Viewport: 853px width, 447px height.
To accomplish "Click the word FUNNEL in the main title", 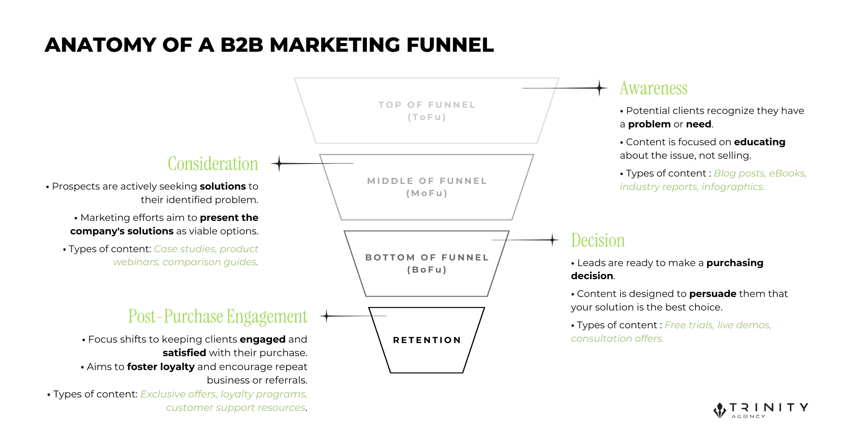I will click(x=450, y=45).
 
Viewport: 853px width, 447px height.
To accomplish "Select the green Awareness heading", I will click(x=653, y=88).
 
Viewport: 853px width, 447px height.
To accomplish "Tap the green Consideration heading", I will click(x=213, y=164).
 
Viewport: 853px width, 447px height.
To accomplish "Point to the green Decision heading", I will click(x=598, y=240).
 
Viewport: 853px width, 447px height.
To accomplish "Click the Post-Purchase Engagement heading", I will click(x=218, y=317).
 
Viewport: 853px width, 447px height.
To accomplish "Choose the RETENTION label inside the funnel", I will click(x=426, y=340).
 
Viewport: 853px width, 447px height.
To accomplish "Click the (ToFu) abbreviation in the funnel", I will click(x=426, y=117).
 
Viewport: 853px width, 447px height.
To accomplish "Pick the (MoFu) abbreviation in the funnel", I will click(x=426, y=193).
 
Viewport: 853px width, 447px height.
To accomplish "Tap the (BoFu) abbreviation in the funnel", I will click(x=426, y=270).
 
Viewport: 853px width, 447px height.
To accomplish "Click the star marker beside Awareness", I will click(x=600, y=88).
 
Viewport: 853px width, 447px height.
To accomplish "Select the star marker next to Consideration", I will click(x=279, y=163).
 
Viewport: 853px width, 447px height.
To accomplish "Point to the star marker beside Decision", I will click(x=552, y=240).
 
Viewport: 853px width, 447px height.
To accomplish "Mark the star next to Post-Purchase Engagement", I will click(x=326, y=316).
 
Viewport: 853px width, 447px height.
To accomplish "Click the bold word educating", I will click(x=759, y=142).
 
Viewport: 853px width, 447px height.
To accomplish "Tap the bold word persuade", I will click(x=712, y=294).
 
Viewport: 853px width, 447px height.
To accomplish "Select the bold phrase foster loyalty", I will click(x=161, y=367).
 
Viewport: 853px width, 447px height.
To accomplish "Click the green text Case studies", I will click(x=185, y=249).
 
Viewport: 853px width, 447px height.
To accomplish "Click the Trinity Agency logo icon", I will click(x=720, y=410).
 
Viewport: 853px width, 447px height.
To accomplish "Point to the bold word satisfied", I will click(x=184, y=353).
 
